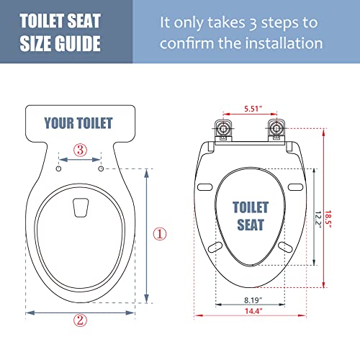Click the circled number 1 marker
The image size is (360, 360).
click(159, 234)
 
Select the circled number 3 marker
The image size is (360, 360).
click(81, 150)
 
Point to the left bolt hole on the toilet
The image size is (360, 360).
click(58, 168)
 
